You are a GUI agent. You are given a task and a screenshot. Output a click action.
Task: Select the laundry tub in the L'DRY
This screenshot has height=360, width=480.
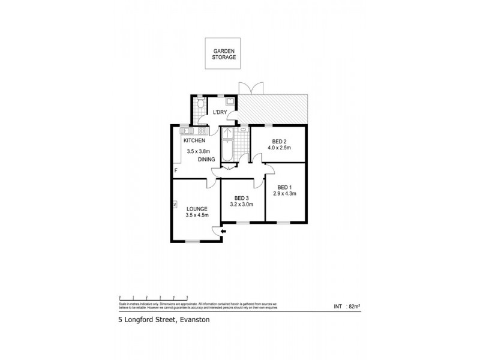[229, 101]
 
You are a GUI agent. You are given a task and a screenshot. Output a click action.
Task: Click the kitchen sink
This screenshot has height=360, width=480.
[186, 130]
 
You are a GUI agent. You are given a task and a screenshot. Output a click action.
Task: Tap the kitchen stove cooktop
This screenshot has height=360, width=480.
[202, 130]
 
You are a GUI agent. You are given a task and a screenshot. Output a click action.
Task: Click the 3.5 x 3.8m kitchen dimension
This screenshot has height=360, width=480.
[199, 151]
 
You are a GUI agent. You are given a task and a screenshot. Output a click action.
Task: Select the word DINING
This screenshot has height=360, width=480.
[206, 160]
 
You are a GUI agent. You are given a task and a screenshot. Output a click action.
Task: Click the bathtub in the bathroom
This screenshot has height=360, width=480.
[227, 150]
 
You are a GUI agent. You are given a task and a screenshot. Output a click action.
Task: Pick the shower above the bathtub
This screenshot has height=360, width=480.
[227, 133]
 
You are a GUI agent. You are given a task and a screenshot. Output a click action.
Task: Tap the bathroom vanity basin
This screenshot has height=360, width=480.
[244, 130]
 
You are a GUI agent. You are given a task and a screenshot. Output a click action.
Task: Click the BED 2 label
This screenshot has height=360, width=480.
[278, 142]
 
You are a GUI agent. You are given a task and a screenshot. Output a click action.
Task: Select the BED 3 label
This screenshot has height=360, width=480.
[241, 198]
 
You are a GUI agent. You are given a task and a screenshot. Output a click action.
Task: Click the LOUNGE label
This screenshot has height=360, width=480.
[197, 209]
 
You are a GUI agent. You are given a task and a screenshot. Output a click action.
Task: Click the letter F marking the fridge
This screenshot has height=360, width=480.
[176, 171]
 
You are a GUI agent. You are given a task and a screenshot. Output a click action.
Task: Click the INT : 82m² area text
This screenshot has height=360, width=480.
[347, 307]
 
